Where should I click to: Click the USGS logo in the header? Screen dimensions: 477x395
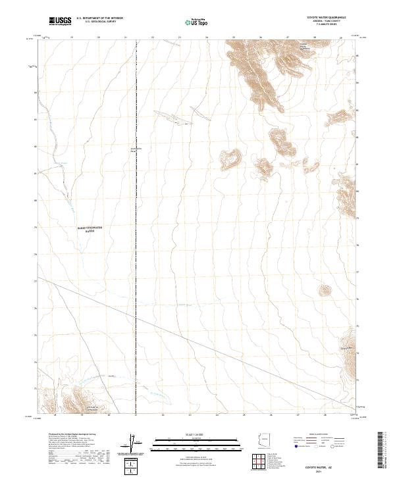point(60,22)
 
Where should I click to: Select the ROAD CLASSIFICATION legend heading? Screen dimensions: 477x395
point(319,436)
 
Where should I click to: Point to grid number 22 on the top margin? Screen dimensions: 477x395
point(153,38)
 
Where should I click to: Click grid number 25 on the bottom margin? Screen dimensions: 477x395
point(244,415)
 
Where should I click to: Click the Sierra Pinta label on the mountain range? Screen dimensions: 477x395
point(303,47)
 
